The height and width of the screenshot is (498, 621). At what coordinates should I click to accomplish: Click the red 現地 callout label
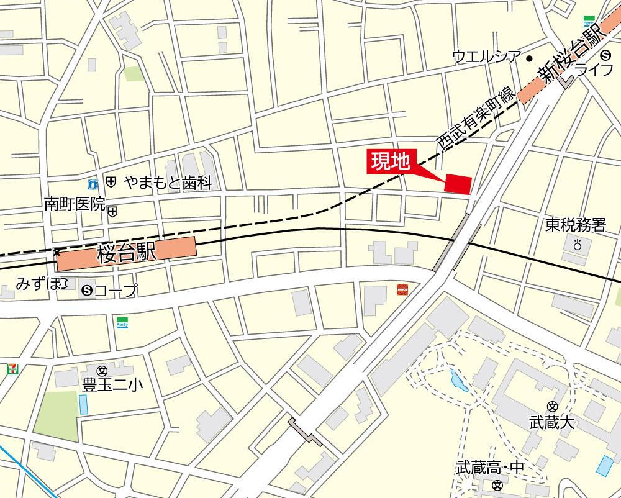point(391,161)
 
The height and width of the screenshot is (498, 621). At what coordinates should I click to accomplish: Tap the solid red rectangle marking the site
point(458,184)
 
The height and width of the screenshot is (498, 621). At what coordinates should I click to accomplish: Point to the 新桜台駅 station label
point(569,54)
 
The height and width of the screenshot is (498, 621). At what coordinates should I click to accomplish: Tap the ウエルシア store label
point(486,58)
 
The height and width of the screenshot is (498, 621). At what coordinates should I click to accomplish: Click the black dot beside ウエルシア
point(529,58)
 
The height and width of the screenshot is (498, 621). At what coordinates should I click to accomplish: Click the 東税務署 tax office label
point(575,225)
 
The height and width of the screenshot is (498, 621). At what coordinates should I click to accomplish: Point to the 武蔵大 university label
point(551,423)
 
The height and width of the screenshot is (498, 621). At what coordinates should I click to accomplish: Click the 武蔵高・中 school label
point(490,468)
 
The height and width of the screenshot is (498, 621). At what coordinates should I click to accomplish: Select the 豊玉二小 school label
point(112,385)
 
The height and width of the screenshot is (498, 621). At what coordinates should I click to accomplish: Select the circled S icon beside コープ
point(86,289)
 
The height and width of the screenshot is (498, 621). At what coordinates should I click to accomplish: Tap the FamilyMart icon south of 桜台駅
point(122,322)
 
